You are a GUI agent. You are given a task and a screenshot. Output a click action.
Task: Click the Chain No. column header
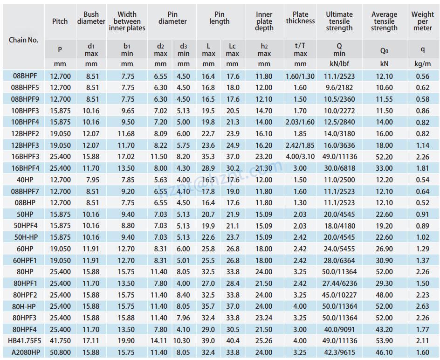(24, 40)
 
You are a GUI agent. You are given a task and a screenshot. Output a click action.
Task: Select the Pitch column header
(60, 21)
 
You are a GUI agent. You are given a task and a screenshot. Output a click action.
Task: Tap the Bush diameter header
(91, 18)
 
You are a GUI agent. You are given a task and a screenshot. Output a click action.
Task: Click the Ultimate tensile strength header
(339, 21)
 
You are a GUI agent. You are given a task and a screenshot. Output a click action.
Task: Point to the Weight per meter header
(422, 21)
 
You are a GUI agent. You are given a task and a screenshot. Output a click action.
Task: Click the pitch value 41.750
(60, 341)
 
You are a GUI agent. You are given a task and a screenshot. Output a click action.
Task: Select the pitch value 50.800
(60, 353)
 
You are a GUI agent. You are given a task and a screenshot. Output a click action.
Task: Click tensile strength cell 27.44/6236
(339, 284)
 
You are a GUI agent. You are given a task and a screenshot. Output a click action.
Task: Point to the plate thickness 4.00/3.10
(300, 157)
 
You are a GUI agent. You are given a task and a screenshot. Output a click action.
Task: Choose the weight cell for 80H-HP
(422, 306)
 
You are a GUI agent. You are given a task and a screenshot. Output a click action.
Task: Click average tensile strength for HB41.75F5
(384, 341)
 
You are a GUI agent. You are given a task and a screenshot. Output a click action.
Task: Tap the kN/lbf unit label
(339, 64)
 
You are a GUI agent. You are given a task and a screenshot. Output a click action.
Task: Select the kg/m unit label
(422, 64)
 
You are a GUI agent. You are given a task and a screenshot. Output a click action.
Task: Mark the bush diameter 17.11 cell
(91, 341)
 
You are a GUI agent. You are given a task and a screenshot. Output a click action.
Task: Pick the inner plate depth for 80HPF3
(264, 318)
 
